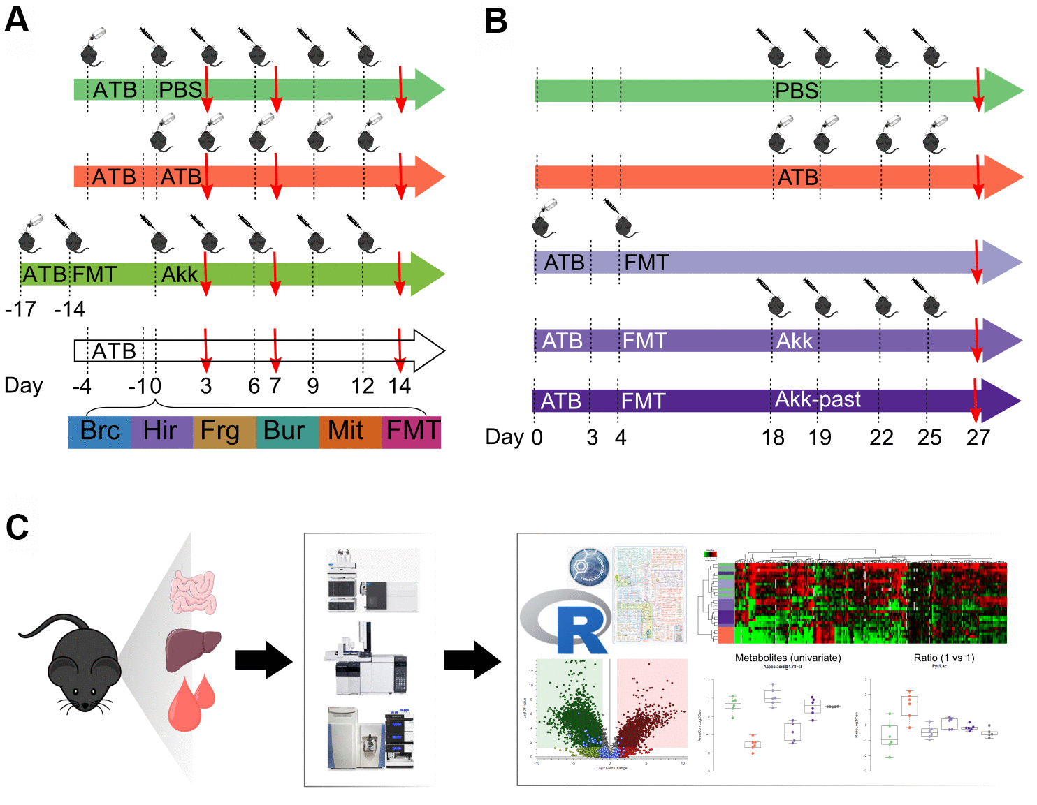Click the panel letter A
click(17, 20)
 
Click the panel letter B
click(496, 21)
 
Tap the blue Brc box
click(100, 431)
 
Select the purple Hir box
click(161, 431)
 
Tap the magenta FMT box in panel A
click(412, 431)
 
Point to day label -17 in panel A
click(20, 309)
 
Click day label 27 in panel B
click(978, 438)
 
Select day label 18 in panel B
click(773, 438)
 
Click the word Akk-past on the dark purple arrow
click(818, 399)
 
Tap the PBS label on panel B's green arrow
click(797, 91)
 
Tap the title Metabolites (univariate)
click(788, 658)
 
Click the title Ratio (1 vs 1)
click(943, 658)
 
